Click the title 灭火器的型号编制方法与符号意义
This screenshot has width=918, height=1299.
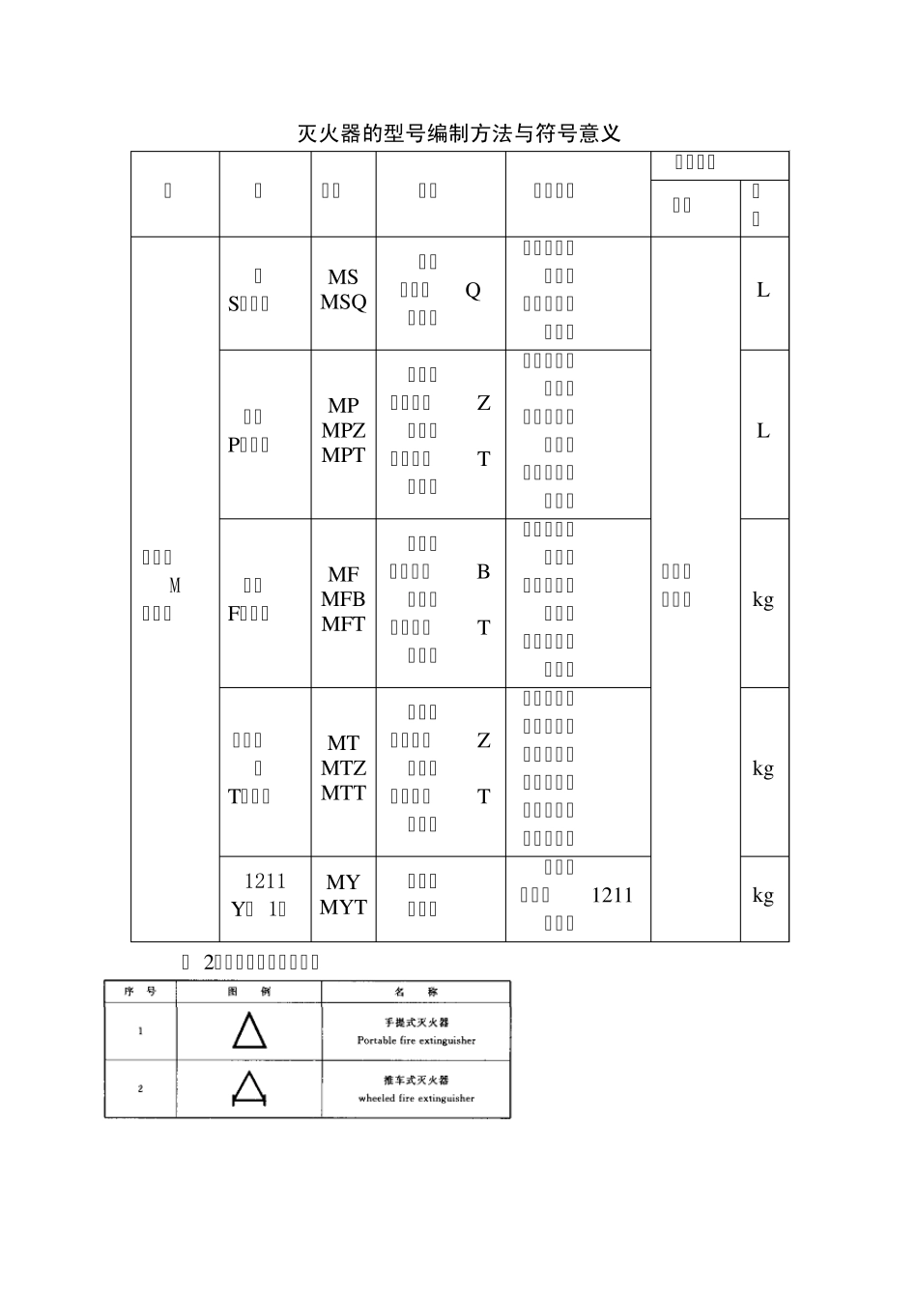[459, 133]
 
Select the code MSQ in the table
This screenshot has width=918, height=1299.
[343, 303]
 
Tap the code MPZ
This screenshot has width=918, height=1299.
[343, 431]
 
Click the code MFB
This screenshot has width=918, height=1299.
[343, 600]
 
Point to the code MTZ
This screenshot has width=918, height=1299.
[343, 768]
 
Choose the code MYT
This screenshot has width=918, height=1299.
[343, 908]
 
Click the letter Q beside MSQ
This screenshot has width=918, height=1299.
[473, 290]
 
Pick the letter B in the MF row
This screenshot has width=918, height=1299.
[483, 572]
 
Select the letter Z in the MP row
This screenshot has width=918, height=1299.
[483, 403]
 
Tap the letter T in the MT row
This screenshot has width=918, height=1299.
[483, 796]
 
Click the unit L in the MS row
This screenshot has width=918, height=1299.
[763, 290]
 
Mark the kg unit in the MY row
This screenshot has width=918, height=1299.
[763, 895]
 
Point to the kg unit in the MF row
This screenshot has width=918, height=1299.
[763, 600]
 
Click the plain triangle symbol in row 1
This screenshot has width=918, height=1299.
[248, 1031]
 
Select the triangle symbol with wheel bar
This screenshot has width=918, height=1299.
[248, 1088]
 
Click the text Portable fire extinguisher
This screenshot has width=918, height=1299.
[416, 1041]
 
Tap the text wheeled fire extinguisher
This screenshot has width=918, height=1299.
[416, 1099]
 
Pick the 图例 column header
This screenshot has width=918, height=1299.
[248, 992]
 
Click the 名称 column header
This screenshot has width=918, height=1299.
[416, 992]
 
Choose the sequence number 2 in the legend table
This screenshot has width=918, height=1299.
[140, 1089]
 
